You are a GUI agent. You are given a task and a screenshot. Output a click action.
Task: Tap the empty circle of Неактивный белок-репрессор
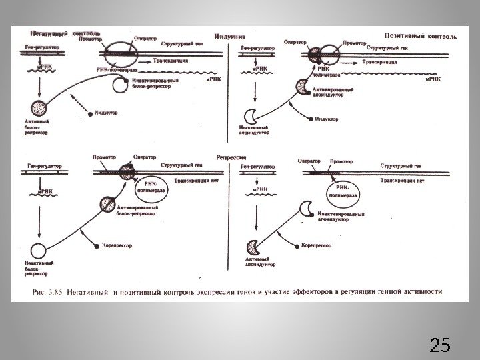39,251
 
